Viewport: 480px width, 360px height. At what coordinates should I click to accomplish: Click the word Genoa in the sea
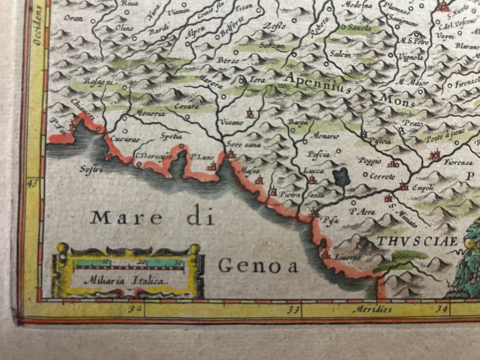pyautogui.click(x=258, y=266)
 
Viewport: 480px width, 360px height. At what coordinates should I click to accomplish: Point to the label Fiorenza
pyautogui.click(x=458, y=162)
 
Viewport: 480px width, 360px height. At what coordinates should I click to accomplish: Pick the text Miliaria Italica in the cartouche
pyautogui.click(x=125, y=280)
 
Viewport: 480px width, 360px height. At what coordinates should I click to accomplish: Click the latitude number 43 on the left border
pyautogui.click(x=33, y=183)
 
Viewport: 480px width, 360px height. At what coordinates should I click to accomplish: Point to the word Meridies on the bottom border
pyautogui.click(x=372, y=309)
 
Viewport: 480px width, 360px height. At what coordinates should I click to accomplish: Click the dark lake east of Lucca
pyautogui.click(x=340, y=177)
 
